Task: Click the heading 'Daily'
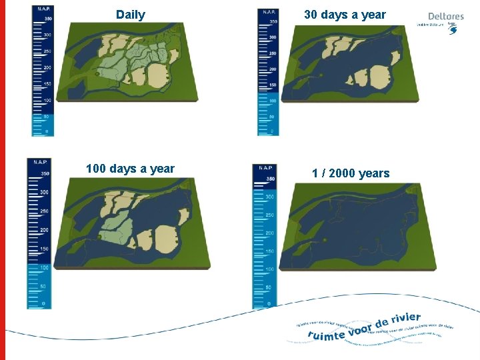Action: point(130,15)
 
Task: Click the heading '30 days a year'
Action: point(345,14)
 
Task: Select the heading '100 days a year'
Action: point(130,169)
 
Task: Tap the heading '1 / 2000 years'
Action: point(350,173)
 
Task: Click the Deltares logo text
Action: point(445,17)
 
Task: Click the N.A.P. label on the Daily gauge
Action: point(43,9)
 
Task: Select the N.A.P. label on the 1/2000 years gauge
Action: point(265,167)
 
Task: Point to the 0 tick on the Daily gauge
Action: point(46,131)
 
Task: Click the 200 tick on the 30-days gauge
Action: point(272,69)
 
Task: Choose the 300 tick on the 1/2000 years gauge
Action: point(269,197)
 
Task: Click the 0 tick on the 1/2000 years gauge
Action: point(269,305)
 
